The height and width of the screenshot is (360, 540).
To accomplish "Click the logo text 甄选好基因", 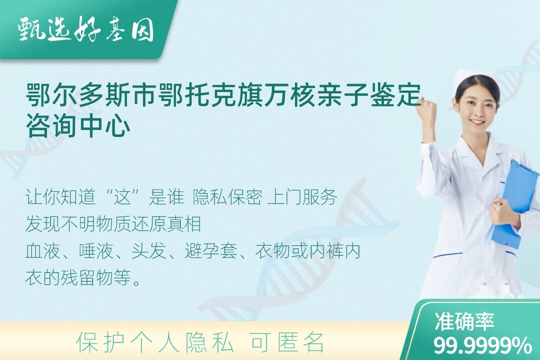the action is [x=86, y=29].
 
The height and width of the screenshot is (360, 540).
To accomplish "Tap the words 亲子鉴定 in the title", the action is [x=369, y=94].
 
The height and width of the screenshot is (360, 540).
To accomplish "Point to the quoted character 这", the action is [x=123, y=197].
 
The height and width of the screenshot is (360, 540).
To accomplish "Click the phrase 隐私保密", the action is [x=227, y=197].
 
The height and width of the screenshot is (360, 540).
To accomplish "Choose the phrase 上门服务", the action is [x=302, y=197].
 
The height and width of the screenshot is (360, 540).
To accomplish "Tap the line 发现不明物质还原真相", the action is [x=113, y=224].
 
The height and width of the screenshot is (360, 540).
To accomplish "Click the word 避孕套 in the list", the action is [x=211, y=250].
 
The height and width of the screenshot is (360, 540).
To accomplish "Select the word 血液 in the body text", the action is [x=43, y=250].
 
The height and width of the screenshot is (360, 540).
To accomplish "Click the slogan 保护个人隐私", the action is [x=155, y=342].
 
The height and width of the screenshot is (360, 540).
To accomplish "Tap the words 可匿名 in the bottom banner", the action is [x=287, y=342].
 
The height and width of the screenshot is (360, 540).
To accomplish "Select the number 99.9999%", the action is [x=482, y=345].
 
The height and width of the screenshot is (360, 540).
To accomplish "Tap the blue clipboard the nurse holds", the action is [x=515, y=203].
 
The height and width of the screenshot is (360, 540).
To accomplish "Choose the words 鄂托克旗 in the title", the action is [x=211, y=94].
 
